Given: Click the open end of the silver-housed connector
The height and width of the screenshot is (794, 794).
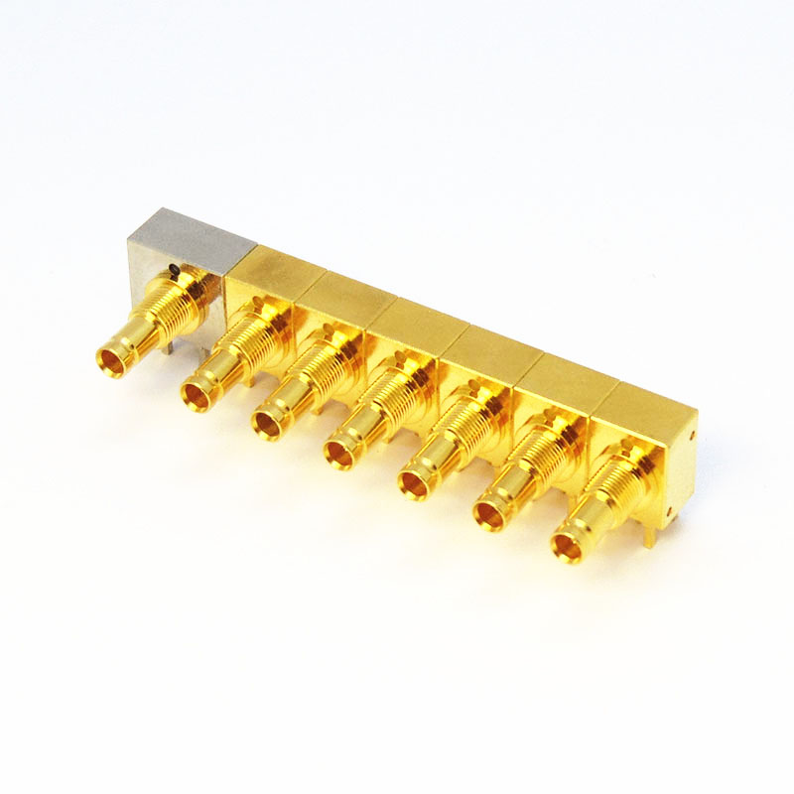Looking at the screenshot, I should pos(112,362).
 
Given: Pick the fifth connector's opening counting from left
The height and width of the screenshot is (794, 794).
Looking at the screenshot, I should pos(414,485).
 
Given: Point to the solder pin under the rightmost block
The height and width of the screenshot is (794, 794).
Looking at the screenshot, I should pos(648,537).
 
